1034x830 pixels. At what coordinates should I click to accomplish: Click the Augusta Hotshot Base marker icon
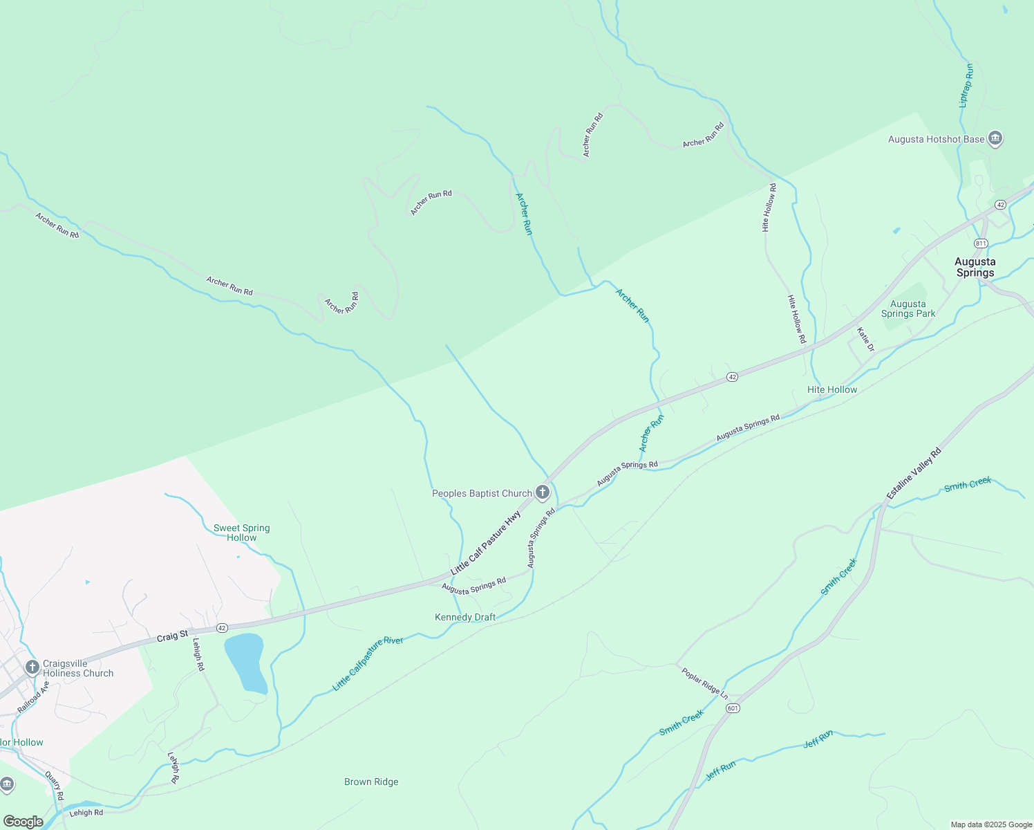(995, 139)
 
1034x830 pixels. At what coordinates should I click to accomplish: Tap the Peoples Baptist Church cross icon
(543, 492)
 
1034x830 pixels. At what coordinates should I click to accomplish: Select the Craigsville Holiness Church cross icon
(32, 667)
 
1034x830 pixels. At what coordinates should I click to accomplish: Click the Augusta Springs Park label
(908, 308)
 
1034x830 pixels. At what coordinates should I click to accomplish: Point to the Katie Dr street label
(865, 339)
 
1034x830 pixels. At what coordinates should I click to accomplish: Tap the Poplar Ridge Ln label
(704, 682)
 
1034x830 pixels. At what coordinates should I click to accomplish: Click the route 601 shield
(733, 708)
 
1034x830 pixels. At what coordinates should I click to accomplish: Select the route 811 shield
(981, 243)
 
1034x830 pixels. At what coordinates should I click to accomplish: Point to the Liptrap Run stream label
(966, 85)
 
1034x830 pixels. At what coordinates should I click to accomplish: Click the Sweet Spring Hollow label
(241, 533)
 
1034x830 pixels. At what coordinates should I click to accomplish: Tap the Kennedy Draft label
(465, 617)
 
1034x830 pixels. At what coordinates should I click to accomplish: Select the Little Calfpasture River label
(368, 663)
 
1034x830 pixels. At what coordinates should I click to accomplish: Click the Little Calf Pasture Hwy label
(485, 543)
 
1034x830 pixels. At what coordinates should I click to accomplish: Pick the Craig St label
(172, 636)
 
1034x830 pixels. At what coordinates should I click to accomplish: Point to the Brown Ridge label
(371, 782)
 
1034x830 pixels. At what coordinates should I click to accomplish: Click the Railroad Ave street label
(33, 697)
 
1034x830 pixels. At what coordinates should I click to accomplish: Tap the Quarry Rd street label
(55, 786)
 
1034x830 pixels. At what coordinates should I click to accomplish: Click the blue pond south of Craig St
(245, 661)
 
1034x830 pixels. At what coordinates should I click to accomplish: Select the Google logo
(23, 822)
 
